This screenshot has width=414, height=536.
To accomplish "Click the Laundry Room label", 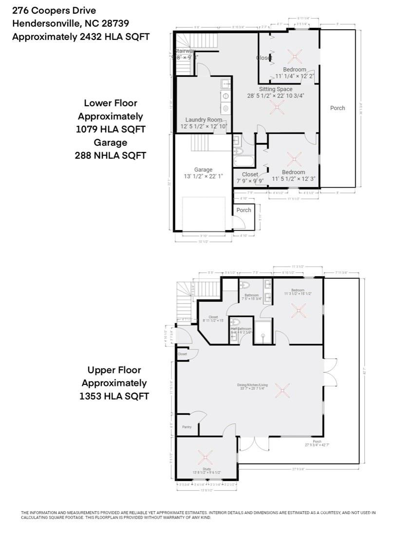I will [x=204, y=120].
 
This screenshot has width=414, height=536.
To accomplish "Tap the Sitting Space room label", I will [x=275, y=89].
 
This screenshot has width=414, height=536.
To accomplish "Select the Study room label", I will [x=207, y=469].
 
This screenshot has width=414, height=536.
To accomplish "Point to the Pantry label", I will [x=187, y=427].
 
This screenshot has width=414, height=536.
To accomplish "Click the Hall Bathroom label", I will [x=241, y=329].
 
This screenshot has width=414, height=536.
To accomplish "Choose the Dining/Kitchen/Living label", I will [x=251, y=385].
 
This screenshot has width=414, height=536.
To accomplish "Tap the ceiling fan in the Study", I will [x=205, y=457].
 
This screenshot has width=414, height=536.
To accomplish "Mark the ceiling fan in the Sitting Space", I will [x=277, y=108].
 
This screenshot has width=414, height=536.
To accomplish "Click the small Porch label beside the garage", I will [x=244, y=210].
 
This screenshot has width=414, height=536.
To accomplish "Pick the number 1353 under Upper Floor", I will [x=91, y=396].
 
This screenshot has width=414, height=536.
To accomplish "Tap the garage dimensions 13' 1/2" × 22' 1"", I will [x=203, y=176].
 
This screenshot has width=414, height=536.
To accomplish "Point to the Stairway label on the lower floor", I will [x=186, y=51].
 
